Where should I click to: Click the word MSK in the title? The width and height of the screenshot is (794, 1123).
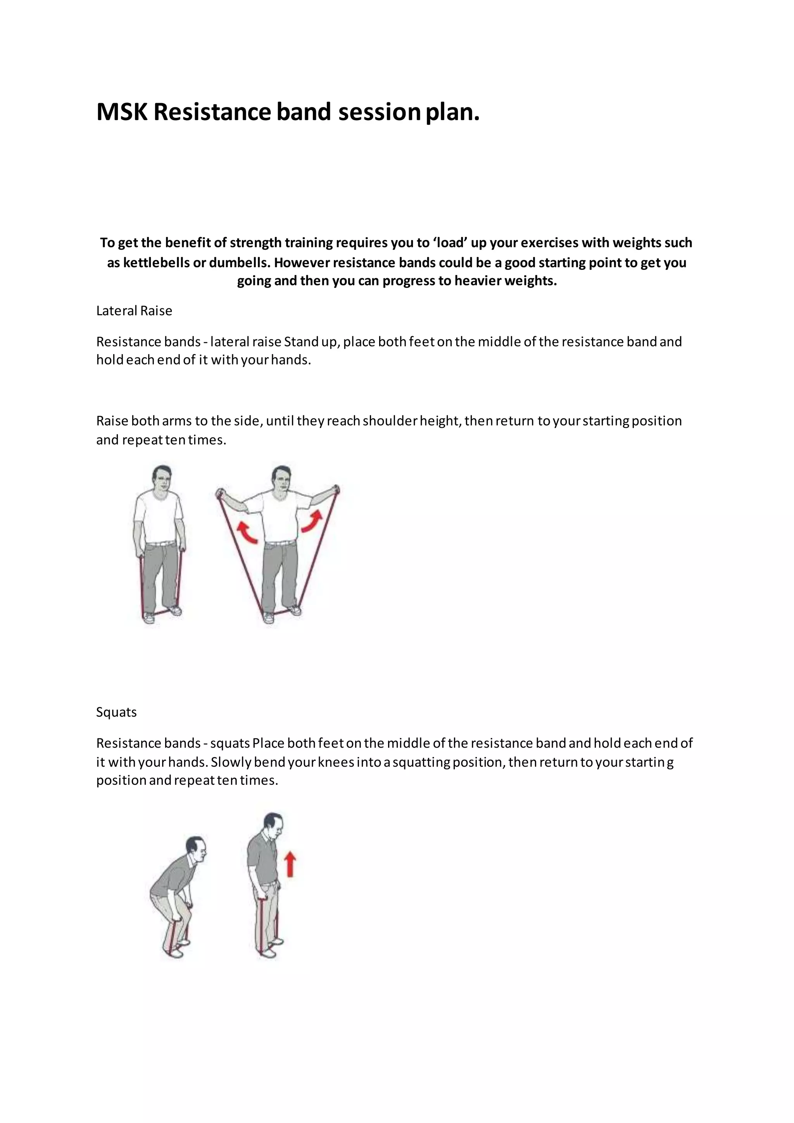(122, 112)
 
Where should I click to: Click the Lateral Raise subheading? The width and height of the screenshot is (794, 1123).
(134, 311)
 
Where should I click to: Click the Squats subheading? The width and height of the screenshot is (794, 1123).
(116, 712)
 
